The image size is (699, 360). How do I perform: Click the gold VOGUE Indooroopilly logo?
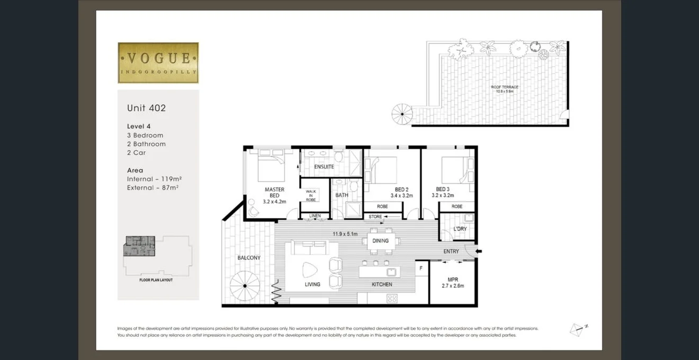(158, 62)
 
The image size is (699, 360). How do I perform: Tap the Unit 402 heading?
(146, 108)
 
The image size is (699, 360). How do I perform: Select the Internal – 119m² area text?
(155, 179)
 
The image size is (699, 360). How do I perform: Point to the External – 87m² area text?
(153, 187)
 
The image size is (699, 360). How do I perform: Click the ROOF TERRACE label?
(504, 87)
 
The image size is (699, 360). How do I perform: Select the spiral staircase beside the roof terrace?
(402, 114)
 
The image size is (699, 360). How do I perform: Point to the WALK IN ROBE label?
(311, 196)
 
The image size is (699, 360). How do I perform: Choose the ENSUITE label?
(324, 167)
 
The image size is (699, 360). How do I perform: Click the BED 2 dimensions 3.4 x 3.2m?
(401, 196)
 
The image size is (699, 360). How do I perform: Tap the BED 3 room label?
(443, 190)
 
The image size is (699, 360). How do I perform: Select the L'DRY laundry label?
(460, 229)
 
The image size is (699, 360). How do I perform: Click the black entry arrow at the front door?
(479, 251)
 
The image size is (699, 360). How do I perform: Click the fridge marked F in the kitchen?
(421, 268)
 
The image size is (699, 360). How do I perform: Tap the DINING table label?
(380, 241)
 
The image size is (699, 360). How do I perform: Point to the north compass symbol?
(578, 329)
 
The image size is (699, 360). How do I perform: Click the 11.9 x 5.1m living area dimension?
(345, 233)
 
